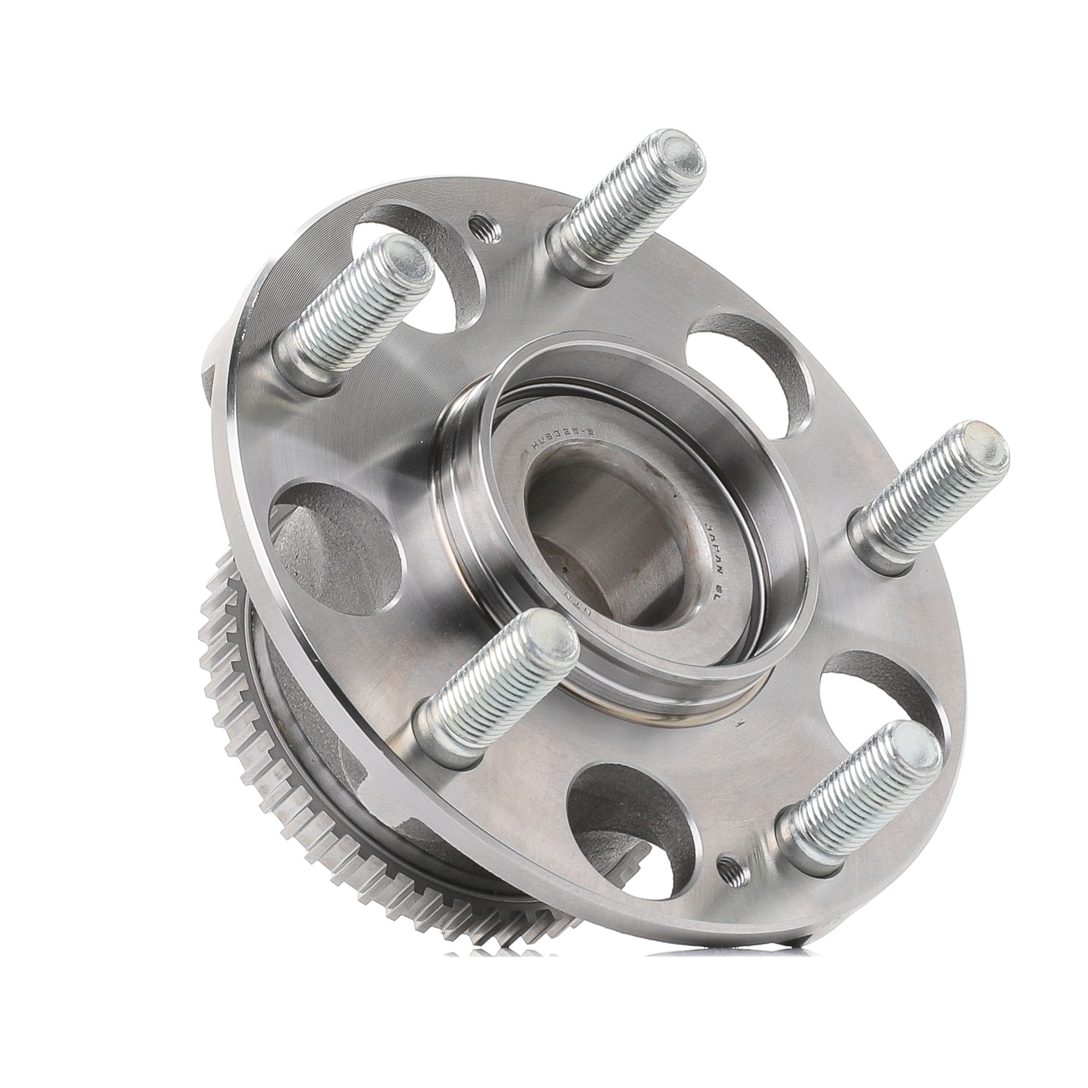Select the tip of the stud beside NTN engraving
click(x=551, y=646)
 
